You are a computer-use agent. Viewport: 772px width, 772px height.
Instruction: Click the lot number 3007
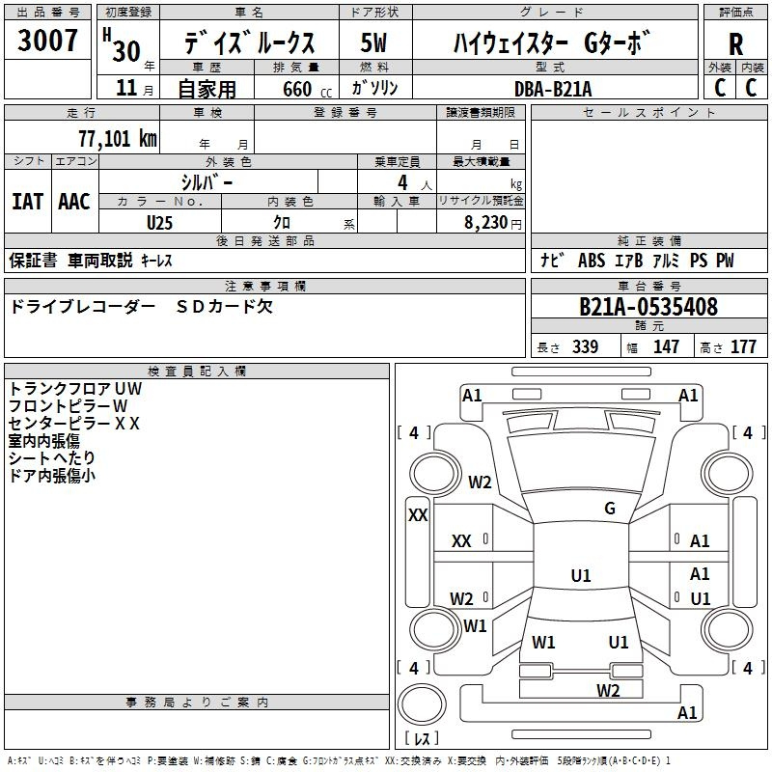click(x=48, y=41)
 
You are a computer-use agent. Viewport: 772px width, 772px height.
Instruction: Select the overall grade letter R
click(x=735, y=44)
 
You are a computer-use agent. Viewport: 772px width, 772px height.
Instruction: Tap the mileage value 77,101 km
click(x=117, y=138)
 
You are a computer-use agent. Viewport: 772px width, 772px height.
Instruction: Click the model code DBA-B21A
click(x=553, y=88)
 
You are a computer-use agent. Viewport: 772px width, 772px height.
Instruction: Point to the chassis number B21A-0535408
click(x=648, y=307)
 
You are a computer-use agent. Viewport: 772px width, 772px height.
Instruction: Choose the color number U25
click(x=160, y=222)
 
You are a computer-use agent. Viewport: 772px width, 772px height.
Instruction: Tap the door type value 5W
click(x=374, y=43)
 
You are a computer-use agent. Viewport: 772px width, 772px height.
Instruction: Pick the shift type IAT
click(x=27, y=202)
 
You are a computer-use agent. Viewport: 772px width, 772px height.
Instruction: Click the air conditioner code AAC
click(x=74, y=202)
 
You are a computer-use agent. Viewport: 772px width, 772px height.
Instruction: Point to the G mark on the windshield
click(x=610, y=509)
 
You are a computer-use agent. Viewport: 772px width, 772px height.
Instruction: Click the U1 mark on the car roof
click(x=580, y=576)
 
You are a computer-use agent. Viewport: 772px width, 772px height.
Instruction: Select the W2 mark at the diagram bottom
click(x=607, y=690)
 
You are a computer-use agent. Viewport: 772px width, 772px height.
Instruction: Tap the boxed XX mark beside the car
click(x=418, y=515)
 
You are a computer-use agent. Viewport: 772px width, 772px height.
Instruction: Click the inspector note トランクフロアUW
click(x=75, y=389)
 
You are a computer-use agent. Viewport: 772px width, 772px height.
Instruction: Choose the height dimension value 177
click(x=743, y=347)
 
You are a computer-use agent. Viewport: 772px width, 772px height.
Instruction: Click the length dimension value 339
click(x=585, y=347)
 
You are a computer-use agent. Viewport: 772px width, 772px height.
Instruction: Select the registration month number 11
click(x=125, y=88)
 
